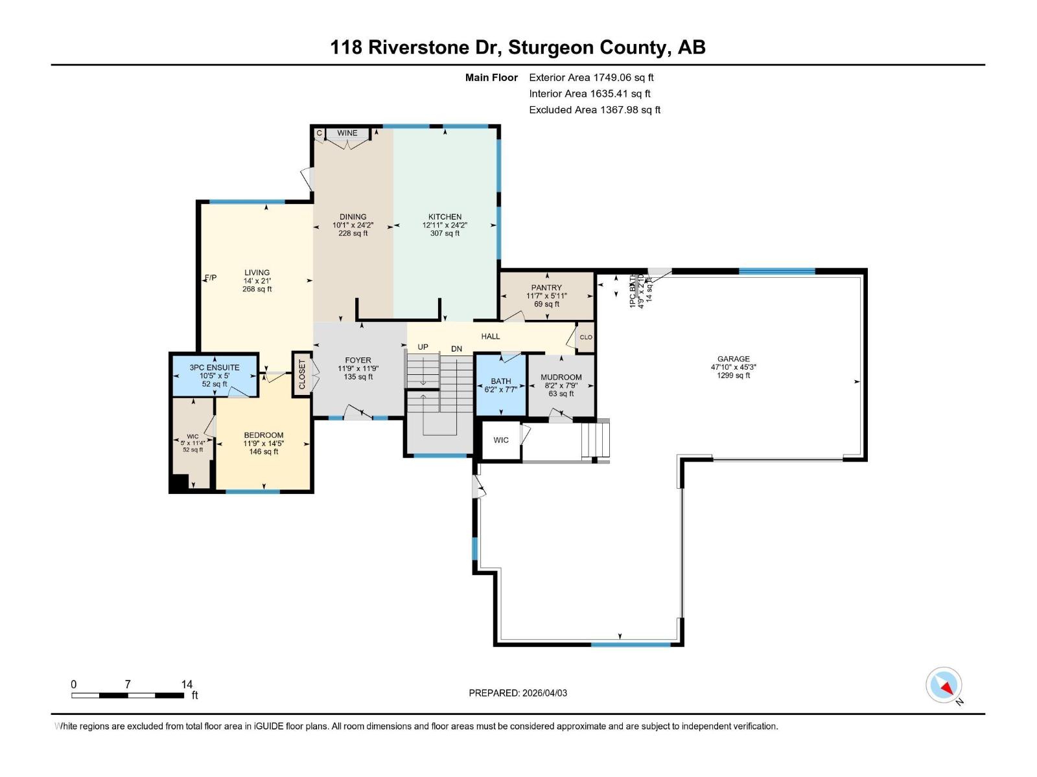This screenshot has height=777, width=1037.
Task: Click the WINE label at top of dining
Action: pos(347,133)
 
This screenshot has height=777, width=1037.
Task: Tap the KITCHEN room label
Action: pos(445,217)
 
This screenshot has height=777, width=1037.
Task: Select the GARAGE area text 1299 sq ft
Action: pos(733,376)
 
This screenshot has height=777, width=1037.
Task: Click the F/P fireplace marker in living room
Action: pos(211,278)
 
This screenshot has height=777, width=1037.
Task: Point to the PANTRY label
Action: pos(546,287)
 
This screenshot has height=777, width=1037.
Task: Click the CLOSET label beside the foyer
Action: pos(302,375)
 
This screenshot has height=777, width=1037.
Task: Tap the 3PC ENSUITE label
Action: pos(215,367)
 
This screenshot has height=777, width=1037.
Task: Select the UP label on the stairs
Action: pos(423,347)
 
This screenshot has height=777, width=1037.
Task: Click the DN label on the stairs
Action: pos(456,349)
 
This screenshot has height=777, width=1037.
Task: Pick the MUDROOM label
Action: pos(561,377)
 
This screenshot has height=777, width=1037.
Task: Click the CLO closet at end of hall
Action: pos(586,337)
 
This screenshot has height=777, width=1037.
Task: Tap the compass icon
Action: pos(944,685)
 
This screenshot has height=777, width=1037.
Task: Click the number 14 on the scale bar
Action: pos(187,684)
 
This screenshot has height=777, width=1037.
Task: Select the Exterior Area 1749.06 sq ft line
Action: pos(591,77)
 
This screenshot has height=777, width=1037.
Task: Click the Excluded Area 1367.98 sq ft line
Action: pos(594,109)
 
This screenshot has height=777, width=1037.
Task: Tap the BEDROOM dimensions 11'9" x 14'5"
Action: pos(264,444)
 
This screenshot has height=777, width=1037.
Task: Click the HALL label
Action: pos(491,336)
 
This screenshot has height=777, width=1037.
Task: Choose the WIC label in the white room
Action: pos(501,440)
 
